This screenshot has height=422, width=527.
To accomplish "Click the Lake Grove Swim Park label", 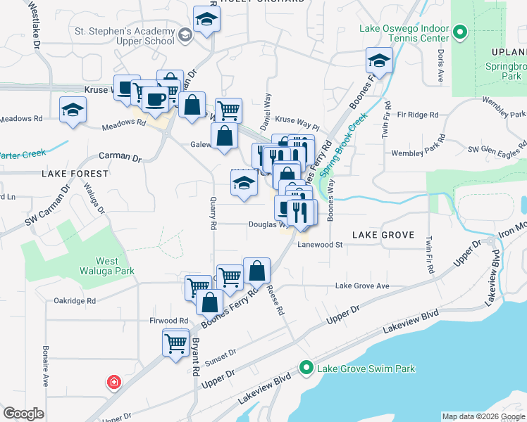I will point(366,369).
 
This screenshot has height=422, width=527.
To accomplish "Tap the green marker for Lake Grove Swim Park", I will point(306,368).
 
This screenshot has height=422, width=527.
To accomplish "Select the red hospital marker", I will point(113,383).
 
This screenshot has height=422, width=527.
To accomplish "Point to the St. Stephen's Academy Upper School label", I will point(124,36).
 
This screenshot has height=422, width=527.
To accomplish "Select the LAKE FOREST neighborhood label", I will point(75,173).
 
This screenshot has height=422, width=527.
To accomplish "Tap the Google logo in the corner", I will point(24,414).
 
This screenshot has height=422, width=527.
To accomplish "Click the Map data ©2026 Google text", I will point(483,416).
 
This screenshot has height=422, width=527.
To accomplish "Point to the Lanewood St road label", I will point(319,245).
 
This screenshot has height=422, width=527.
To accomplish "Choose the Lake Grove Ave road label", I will point(362,286).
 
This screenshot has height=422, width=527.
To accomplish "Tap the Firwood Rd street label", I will point(168,321).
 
